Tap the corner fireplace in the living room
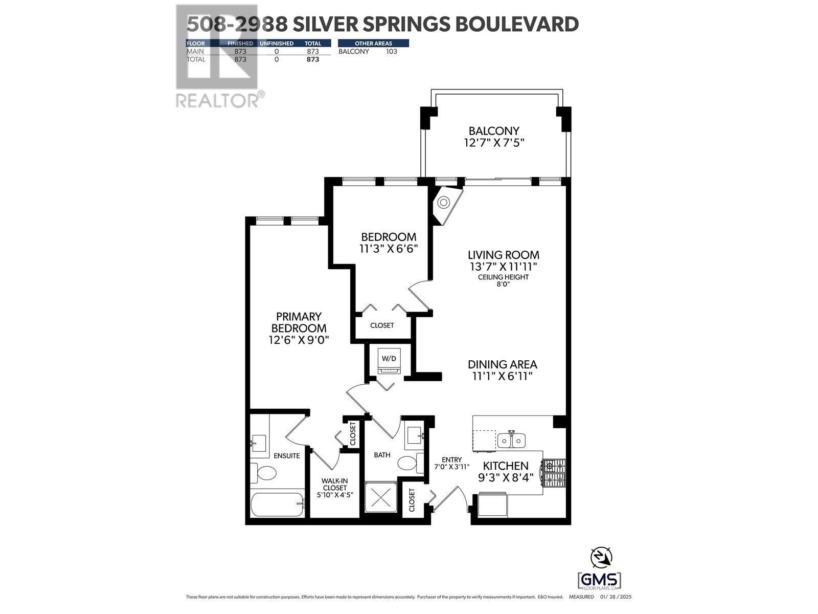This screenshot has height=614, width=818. pos(444,203)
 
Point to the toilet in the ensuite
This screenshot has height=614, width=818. pos(263,473)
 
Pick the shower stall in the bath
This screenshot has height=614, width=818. pos(381,496)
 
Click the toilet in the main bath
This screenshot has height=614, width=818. pos(409,464)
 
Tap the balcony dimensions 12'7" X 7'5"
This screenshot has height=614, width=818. pos(494,143)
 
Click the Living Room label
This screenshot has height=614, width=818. pos(504,255)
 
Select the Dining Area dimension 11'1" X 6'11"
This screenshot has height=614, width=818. pos(502,377)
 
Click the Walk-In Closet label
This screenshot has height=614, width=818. pos(334,484)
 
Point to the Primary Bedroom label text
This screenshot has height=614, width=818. pos(299,322)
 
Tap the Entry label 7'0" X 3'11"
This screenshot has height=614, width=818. pos(451,464)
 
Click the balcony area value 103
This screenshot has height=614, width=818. pos(391,52)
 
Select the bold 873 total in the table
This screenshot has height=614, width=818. pos(312,59)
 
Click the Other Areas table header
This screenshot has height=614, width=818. pos(373,43)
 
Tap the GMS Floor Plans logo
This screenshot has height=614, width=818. pos(599,581)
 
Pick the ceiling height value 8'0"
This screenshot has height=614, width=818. pos(503,284)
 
